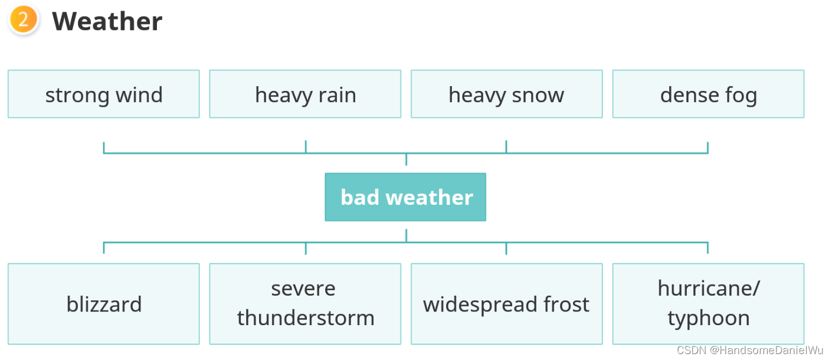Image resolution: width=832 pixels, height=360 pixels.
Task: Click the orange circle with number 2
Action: point(23,20)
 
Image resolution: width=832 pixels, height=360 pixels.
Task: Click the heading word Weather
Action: point(107,21)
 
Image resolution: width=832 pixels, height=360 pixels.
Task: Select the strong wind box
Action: point(104,94)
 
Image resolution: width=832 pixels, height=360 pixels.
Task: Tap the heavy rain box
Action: point(305,94)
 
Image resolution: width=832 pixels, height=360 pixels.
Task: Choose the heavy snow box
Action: point(506,94)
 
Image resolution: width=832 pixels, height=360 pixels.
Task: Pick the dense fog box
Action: point(708,94)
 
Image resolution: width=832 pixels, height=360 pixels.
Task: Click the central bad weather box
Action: point(405,197)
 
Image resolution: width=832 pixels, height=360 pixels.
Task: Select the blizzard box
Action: point(104,304)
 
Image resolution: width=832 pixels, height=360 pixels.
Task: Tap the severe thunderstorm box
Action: point(305,304)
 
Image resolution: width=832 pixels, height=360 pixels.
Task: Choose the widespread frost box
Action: point(506,304)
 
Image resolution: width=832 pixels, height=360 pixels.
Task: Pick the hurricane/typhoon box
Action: point(708,304)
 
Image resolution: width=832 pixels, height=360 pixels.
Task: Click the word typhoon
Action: point(708,318)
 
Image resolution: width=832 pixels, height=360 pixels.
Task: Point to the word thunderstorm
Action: point(306,318)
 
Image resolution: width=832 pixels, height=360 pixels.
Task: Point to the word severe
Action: point(303,289)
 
